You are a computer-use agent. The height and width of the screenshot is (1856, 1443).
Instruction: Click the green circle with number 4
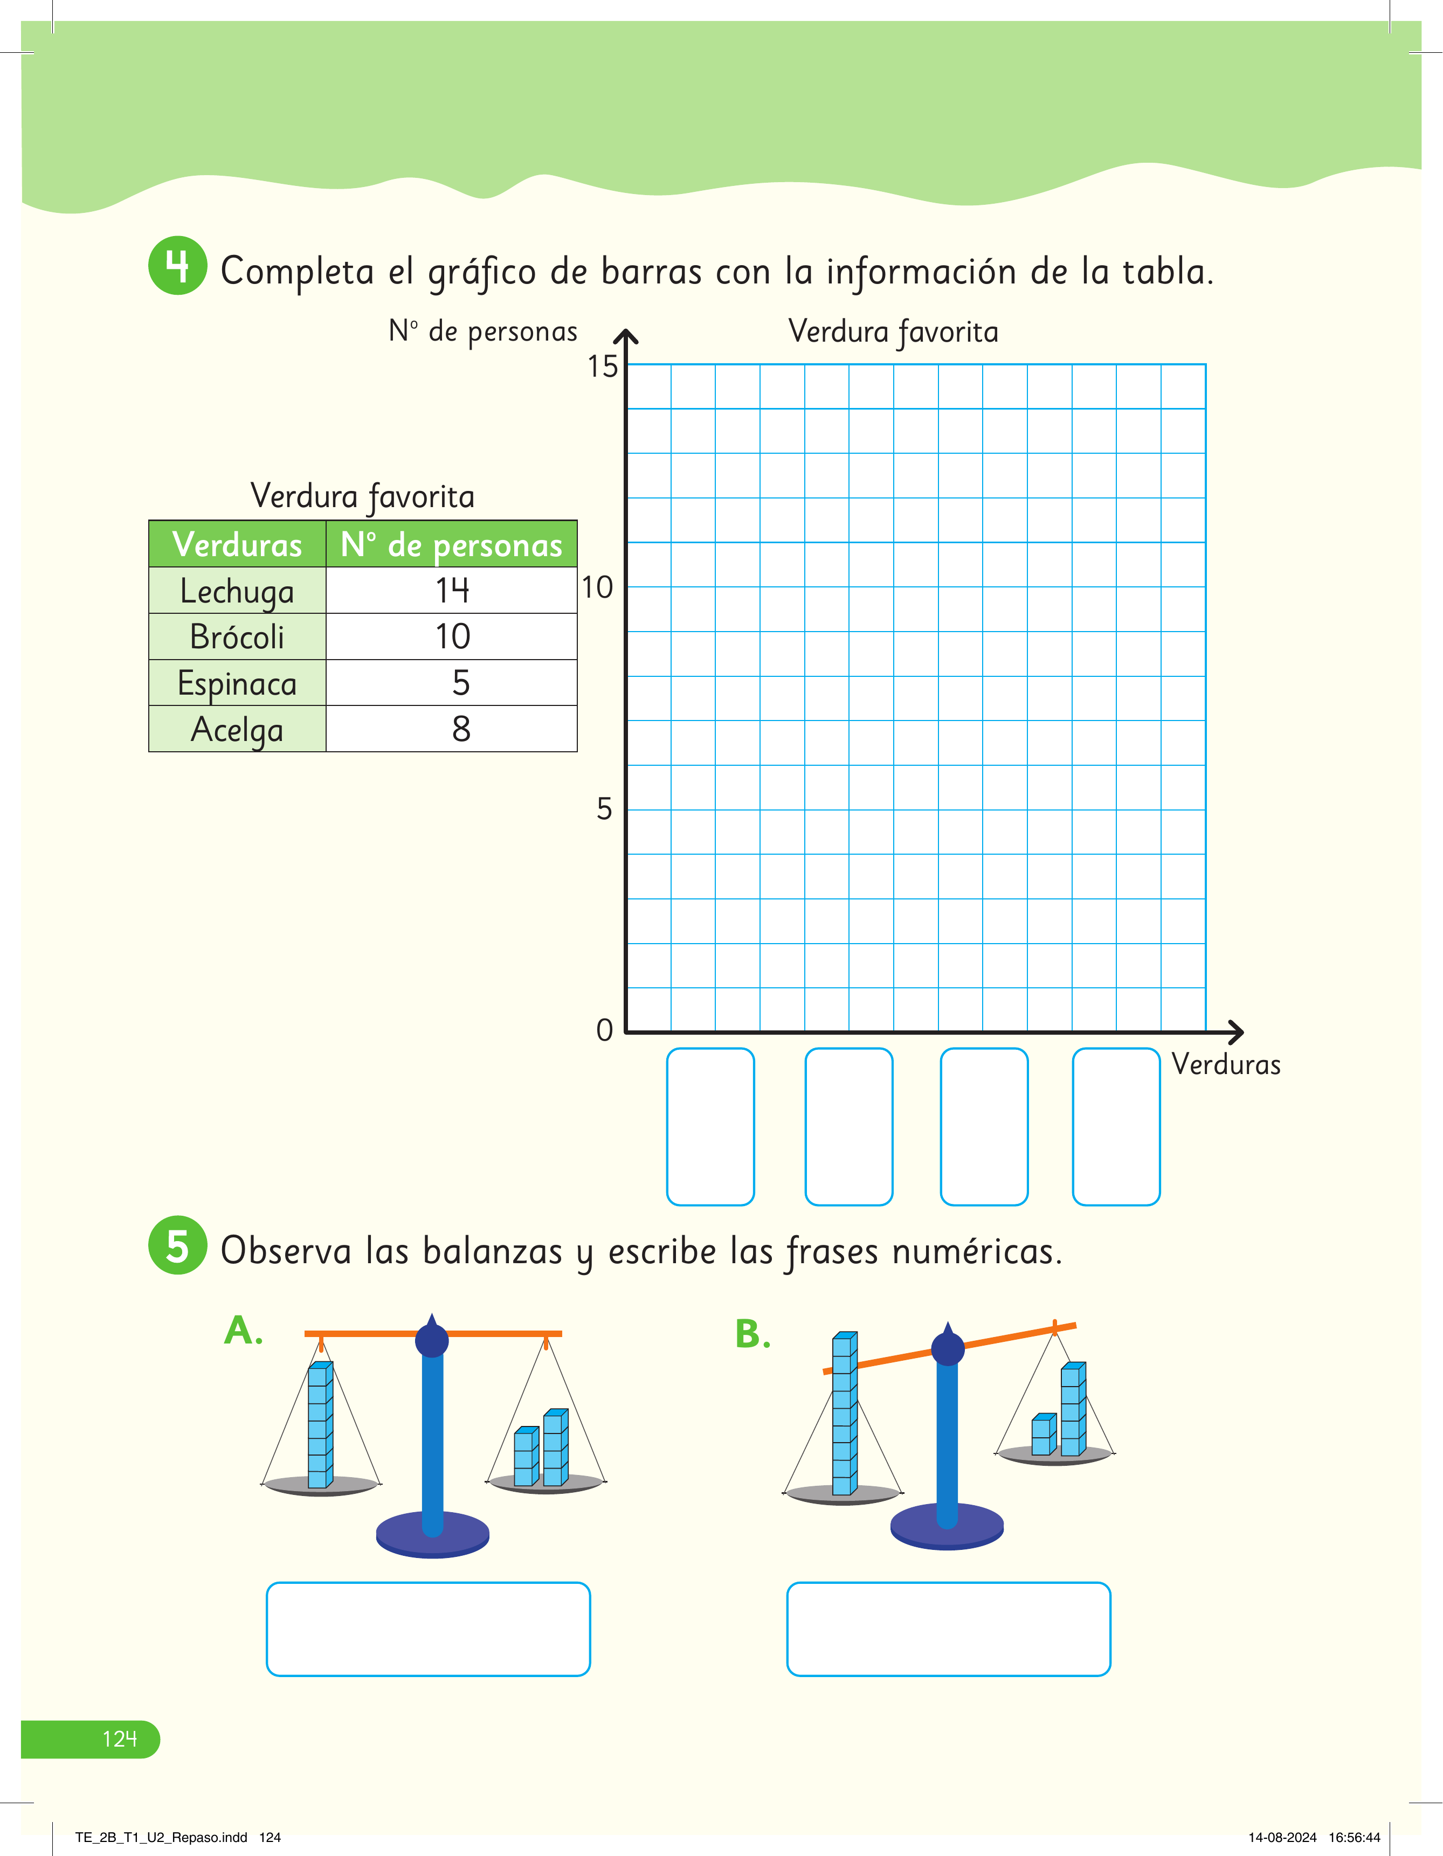coord(178,266)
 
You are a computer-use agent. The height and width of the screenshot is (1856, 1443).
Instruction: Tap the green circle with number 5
coord(178,1245)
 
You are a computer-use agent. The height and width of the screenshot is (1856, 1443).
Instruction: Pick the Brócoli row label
coord(237,636)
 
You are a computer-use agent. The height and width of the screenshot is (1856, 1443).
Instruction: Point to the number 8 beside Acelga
coord(460,728)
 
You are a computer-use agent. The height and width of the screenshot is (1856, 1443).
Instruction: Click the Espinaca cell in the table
coord(237,682)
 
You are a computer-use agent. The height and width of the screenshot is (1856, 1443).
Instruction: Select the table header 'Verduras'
coord(237,544)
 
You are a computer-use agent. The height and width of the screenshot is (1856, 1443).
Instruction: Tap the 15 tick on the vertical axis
coord(603,366)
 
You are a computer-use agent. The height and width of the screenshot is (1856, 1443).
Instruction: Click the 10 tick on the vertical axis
coord(597,587)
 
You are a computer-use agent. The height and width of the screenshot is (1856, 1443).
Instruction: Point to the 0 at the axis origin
coord(604,1030)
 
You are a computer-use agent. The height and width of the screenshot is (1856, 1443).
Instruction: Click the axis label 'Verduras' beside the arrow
coord(1225,1064)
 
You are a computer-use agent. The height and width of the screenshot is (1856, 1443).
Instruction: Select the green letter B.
coord(752,1334)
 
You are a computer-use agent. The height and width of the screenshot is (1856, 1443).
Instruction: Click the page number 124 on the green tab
coord(119,1739)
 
